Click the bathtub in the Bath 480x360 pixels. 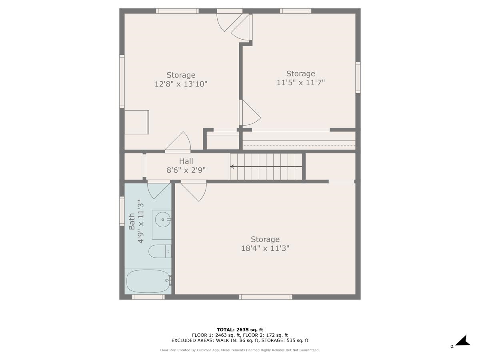[148, 281]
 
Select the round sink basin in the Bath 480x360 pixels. [162, 219]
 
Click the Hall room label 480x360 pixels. [186, 161]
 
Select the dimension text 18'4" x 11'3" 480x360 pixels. [265, 248]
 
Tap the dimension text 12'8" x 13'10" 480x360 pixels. [181, 84]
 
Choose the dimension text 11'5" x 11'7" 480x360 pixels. [300, 82]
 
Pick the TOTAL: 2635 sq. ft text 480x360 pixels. [240, 330]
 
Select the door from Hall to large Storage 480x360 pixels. [194, 190]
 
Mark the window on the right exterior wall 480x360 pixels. [358, 78]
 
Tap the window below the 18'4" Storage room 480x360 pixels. [266, 297]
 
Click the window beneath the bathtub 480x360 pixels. [148, 297]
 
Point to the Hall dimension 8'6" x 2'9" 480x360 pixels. [186, 170]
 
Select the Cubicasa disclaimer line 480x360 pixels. [240, 350]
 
